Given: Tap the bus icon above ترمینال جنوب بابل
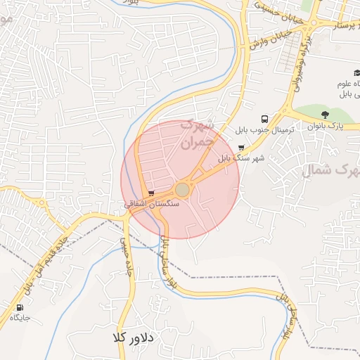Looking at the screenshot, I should [x=264, y=120].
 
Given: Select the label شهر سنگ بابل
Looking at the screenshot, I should [x=243, y=159].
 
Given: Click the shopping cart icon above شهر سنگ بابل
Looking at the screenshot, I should [x=242, y=148].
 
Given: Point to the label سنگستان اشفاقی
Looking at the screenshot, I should [x=152, y=203].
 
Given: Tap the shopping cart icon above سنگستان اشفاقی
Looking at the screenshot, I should [x=152, y=193].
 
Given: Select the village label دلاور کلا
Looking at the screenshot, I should [x=132, y=338].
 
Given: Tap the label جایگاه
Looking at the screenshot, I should [x=20, y=318].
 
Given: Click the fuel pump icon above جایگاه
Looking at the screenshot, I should [x=19, y=307].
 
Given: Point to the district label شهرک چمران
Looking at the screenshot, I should [x=196, y=132].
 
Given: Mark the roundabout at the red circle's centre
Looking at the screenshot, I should [x=182, y=190].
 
